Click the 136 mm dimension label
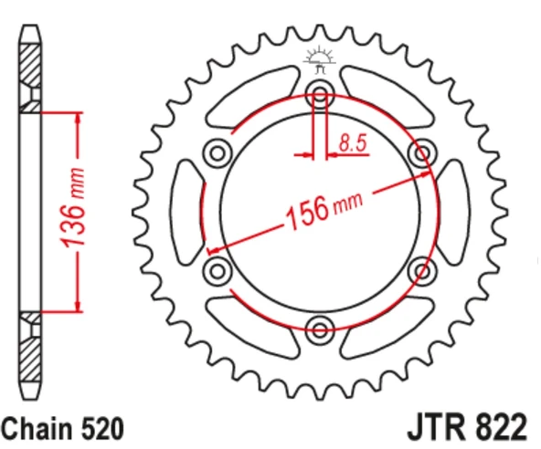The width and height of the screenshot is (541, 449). point(72,207)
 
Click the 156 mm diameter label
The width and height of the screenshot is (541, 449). point(324,210)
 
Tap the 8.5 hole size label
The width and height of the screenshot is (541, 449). point(352,142)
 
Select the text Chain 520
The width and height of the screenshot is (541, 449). point(62,428)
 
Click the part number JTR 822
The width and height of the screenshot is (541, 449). point(467,426)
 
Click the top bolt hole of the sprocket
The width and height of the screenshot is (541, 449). point(320,93)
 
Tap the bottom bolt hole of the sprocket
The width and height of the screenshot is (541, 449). point(320,329)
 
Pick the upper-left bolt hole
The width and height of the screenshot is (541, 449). point(217,152)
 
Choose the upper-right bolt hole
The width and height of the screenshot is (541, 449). point(422,152)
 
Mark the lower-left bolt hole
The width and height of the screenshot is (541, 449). point(217,270)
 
